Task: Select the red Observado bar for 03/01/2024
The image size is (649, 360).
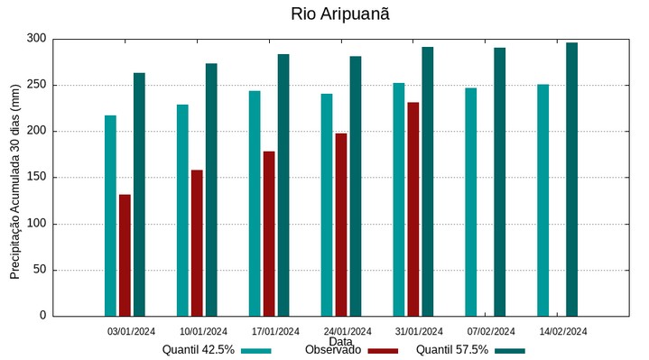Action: pyautogui.click(x=125, y=255)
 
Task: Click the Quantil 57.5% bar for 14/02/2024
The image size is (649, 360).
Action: pyautogui.click(x=571, y=180)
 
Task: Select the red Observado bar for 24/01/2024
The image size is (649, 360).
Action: pyautogui.click(x=341, y=225)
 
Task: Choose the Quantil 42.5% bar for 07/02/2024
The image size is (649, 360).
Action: pyautogui.click(x=470, y=202)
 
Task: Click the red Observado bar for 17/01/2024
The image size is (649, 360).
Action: pyautogui.click(x=269, y=234)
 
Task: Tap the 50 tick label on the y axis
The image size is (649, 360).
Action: pyautogui.click(x=39, y=270)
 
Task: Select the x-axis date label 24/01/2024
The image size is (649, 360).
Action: pyautogui.click(x=348, y=331)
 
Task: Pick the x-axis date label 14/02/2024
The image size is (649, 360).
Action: pyautogui.click(x=563, y=331)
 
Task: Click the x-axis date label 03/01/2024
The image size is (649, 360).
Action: pyautogui.click(x=131, y=331)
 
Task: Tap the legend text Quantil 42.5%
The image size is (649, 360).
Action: pyautogui.click(x=199, y=350)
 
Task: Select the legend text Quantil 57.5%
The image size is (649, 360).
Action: pyautogui.click(x=452, y=350)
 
